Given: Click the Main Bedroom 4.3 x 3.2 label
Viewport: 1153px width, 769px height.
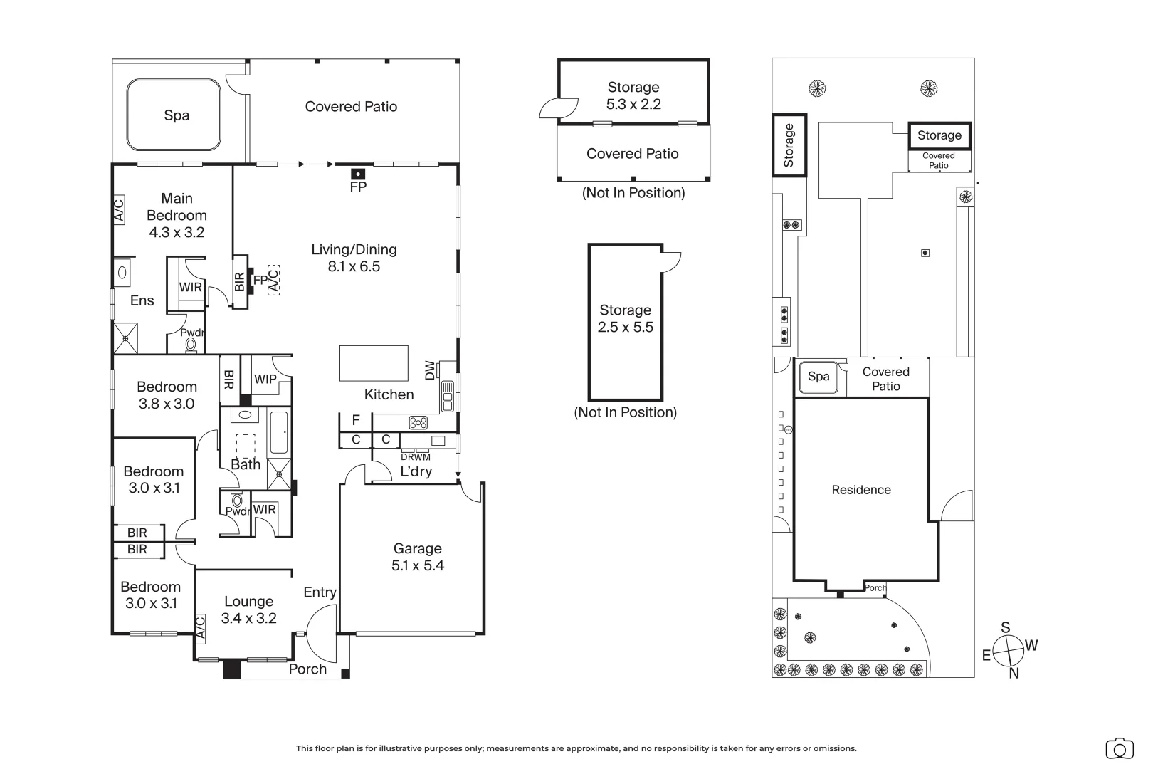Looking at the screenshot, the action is [177, 215].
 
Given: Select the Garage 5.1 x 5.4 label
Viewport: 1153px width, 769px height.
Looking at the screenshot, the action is [418, 557].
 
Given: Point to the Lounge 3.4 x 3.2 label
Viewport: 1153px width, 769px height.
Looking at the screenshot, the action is [248, 610].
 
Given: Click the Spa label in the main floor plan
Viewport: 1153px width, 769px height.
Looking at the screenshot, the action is [177, 115].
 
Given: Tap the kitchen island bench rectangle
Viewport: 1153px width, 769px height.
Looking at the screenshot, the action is [374, 363].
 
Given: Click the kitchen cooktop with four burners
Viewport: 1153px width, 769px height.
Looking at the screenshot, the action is [418, 423].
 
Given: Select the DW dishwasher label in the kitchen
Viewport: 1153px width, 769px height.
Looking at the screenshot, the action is [431, 370].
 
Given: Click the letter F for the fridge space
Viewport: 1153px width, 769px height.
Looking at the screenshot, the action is [356, 420].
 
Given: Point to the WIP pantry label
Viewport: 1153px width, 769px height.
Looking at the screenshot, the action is [265, 379].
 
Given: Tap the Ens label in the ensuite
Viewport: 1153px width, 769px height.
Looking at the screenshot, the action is [142, 300].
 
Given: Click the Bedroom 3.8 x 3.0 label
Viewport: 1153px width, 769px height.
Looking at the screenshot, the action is [167, 395].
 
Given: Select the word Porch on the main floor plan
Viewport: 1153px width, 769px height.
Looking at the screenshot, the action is [307, 669].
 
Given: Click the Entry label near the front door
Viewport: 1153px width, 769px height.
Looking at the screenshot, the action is [320, 593].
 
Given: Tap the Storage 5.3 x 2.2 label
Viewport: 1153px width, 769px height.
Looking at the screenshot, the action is [633, 95].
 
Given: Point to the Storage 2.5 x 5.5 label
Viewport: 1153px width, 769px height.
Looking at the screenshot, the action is [626, 318].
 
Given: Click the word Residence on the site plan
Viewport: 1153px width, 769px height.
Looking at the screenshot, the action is [861, 490].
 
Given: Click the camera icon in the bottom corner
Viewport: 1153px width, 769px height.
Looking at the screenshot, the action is [1120, 749].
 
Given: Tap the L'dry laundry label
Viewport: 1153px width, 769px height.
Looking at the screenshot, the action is [416, 471].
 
